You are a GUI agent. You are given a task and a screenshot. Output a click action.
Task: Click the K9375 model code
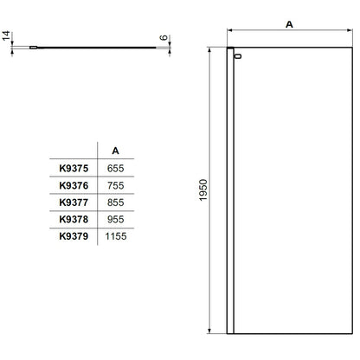74,168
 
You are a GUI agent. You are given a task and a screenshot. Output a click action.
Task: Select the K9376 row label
74,185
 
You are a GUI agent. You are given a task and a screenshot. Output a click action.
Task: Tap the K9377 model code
74,202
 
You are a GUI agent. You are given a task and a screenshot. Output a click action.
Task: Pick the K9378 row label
74,219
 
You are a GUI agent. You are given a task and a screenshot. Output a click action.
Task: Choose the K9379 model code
74,236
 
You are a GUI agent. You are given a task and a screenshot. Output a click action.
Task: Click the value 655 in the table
115,168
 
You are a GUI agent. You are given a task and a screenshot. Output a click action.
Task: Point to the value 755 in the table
115,185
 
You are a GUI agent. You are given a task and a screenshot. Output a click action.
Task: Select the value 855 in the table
115,202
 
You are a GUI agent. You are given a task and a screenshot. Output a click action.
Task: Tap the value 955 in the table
115,219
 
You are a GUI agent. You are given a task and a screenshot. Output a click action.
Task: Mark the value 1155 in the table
116,236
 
